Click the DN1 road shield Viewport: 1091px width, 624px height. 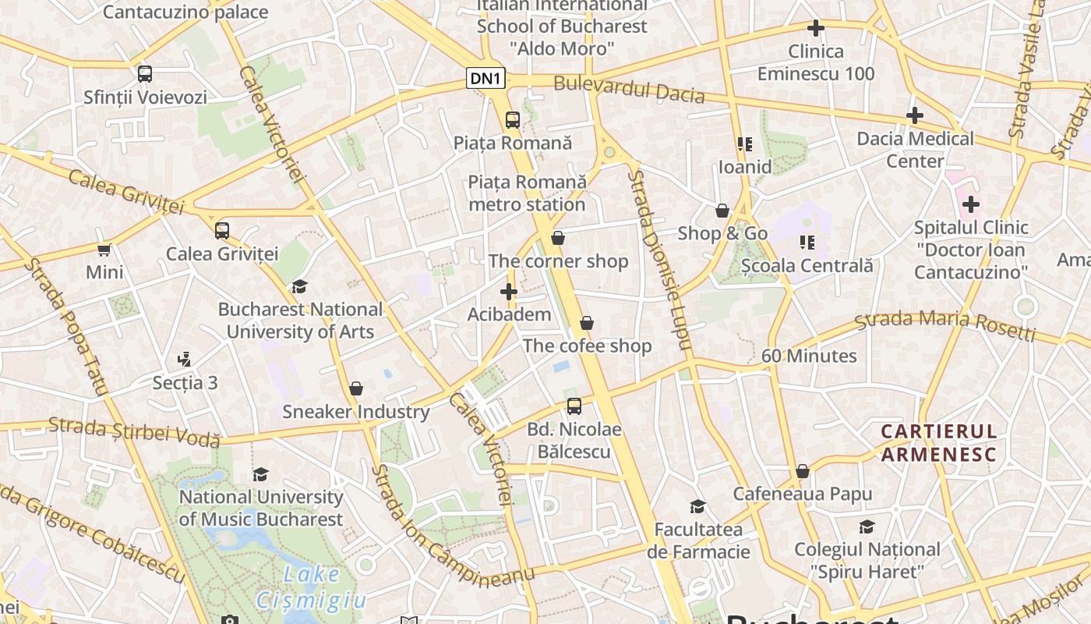[x=486, y=78]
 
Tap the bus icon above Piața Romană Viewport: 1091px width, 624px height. [x=512, y=120]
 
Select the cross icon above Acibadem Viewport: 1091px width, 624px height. [x=509, y=292]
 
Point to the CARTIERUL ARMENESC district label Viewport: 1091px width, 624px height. [x=938, y=443]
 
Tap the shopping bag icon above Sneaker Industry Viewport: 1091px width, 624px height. [x=356, y=388]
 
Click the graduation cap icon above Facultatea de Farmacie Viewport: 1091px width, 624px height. [x=697, y=507]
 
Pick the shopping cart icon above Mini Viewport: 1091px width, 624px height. [x=104, y=250]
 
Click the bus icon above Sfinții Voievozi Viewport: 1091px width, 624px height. [x=145, y=74]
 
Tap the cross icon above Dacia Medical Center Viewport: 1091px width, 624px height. [x=915, y=116]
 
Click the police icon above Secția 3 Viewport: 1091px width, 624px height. [x=185, y=360]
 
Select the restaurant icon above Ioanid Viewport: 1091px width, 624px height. [x=744, y=144]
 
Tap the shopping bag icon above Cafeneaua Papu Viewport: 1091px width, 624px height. [x=802, y=471]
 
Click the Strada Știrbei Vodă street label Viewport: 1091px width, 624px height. [x=134, y=431]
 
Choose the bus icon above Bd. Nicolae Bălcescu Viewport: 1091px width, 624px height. [x=574, y=406]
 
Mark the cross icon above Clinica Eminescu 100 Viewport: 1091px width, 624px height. [x=816, y=29]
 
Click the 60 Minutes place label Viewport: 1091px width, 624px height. [x=809, y=356]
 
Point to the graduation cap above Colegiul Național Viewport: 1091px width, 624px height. [x=867, y=527]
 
